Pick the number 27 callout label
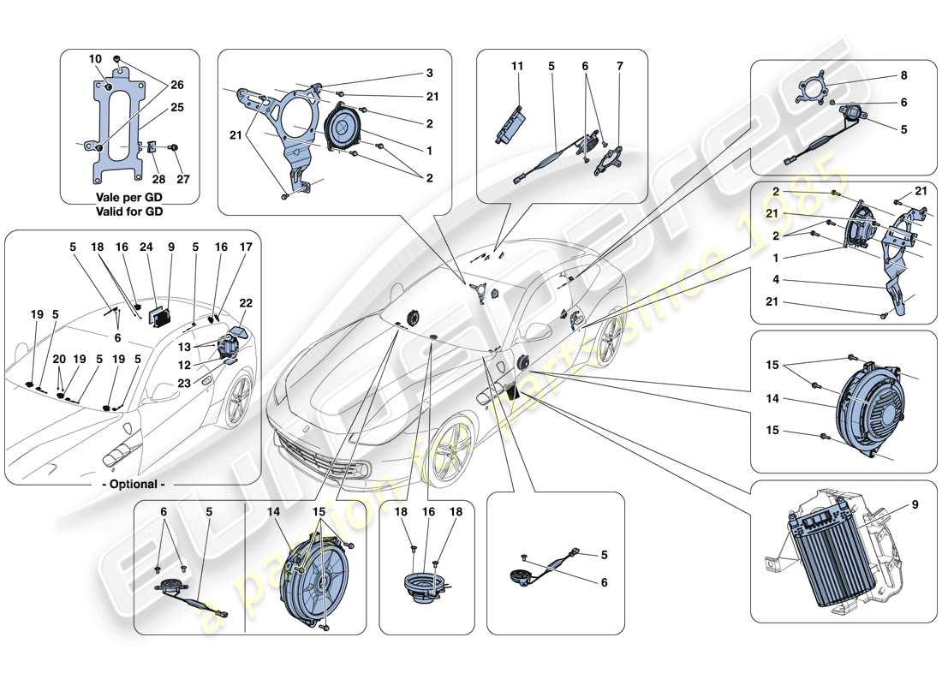pyautogui.click(x=183, y=180)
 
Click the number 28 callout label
pyautogui.click(x=158, y=180)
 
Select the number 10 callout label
pyautogui.click(x=94, y=59)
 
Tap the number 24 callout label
pyautogui.click(x=147, y=247)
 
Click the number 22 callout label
pyautogui.click(x=246, y=303)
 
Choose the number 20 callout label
pyautogui.click(x=58, y=360)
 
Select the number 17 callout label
pyautogui.click(x=246, y=247)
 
